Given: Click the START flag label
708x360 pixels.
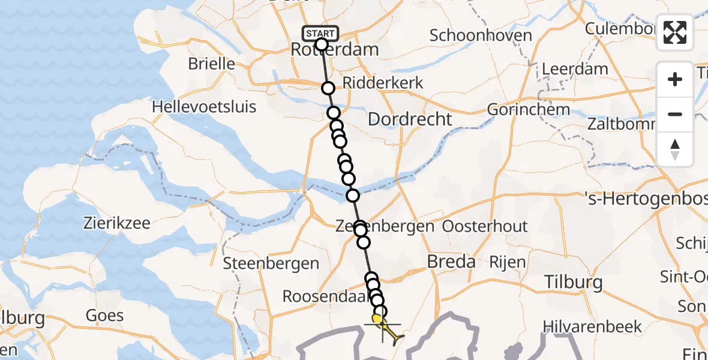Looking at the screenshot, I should coord(321,33).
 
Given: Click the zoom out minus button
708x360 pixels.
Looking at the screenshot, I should coord(675,114).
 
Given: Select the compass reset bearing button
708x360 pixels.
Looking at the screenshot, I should coord(675,149).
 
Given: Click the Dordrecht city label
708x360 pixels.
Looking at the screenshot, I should coord(409,119).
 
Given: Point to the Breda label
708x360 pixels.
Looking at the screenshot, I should coord(450,262).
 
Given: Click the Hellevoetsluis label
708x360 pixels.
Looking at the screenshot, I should coord(204,107).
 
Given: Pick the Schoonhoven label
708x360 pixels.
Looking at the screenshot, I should coord(481,35).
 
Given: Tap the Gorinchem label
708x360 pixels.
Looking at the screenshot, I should coord(528,110).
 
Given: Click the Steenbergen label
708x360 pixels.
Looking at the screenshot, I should coord(271,263).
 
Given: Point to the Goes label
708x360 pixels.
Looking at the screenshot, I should coord(105,316).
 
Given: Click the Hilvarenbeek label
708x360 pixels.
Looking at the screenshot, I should coord(592,326).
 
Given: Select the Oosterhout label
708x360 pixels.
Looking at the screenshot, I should coord(485,226).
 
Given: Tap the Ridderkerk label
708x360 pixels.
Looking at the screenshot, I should coord(383,83).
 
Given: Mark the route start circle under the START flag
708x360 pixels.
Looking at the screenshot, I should coord(321,44).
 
